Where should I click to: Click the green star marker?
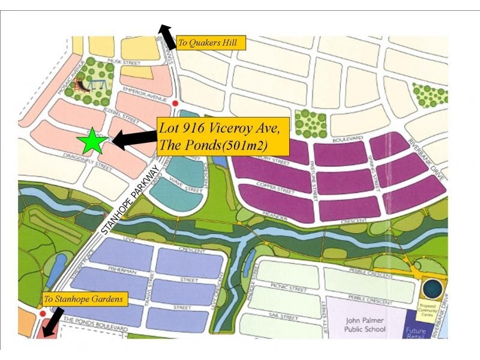[92, 142]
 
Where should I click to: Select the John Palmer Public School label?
[363, 324]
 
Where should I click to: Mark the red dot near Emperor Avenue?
[175, 104]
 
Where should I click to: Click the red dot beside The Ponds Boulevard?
[42, 313]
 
